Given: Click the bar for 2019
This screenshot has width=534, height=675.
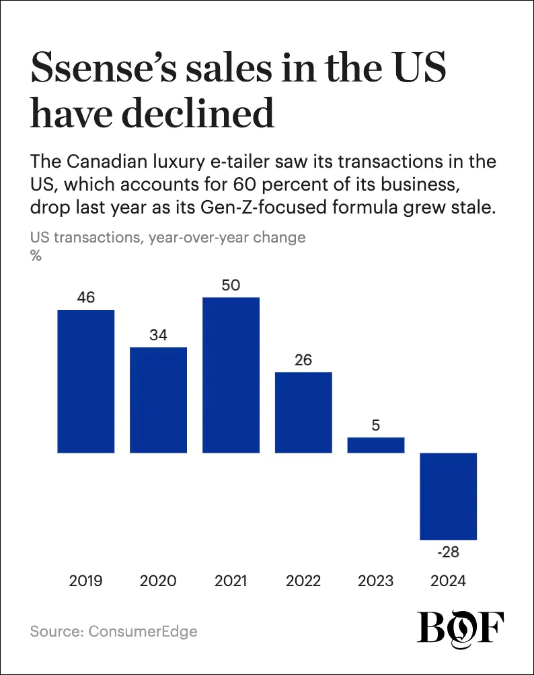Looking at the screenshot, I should [x=86, y=381].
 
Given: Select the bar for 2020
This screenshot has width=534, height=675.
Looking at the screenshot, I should [x=158, y=399].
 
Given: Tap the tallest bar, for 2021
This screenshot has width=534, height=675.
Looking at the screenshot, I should [x=231, y=375].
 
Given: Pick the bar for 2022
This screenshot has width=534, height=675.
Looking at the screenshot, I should [x=303, y=412].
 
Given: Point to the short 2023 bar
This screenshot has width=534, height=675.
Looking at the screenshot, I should [x=376, y=445].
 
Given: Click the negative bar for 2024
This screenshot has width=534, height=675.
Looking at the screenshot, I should [x=449, y=496].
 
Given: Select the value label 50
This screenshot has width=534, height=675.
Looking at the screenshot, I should [x=231, y=284].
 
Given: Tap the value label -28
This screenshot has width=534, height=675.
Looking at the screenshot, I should [x=449, y=552].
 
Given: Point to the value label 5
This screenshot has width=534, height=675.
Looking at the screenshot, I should [x=376, y=425].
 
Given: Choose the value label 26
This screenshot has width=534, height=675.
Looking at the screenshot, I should [x=303, y=360].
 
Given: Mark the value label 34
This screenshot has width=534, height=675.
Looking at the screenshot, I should [x=158, y=335].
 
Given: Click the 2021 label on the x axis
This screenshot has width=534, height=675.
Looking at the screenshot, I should [x=231, y=581].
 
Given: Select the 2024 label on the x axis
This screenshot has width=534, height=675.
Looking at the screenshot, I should [x=449, y=581].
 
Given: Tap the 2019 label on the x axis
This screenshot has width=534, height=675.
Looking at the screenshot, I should [x=86, y=581].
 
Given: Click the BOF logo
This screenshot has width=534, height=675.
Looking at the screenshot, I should [x=461, y=629].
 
